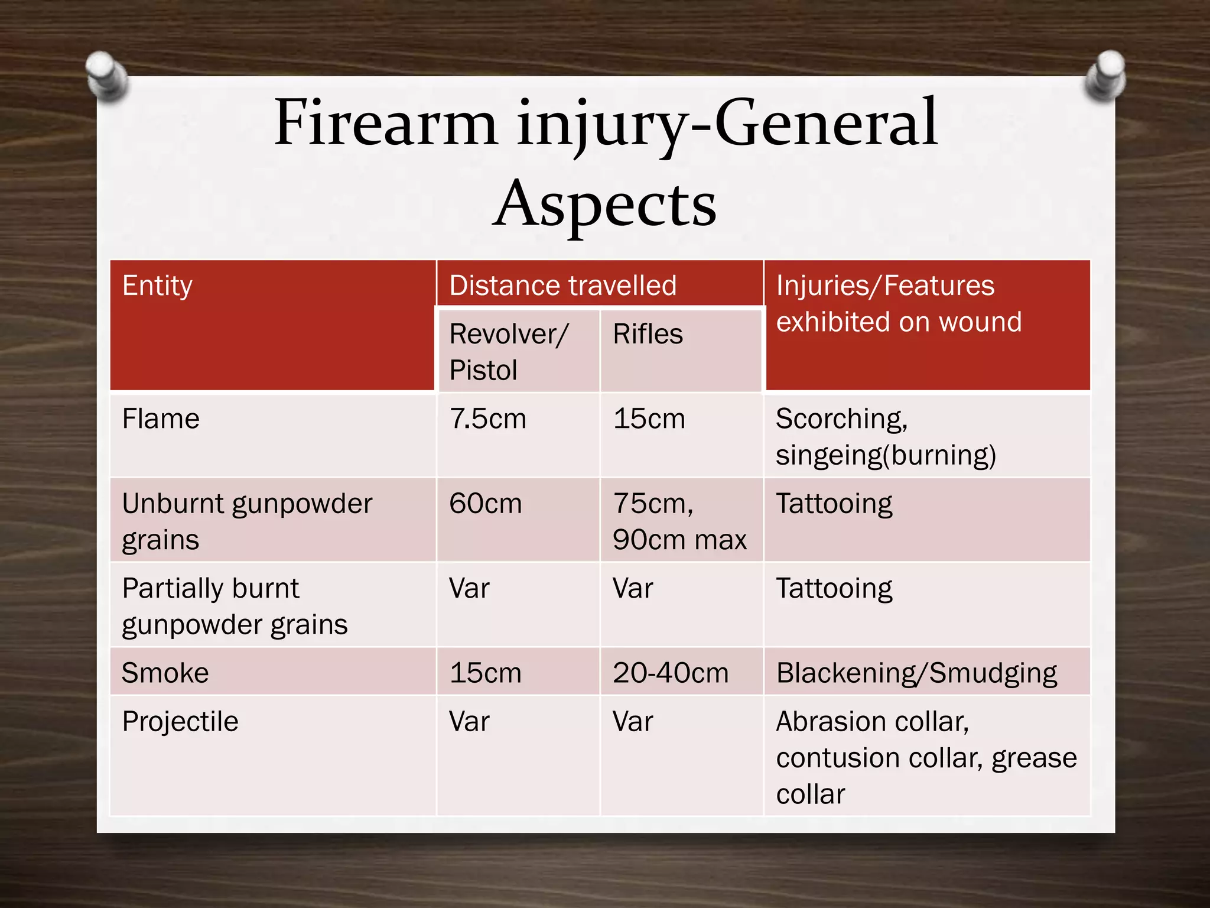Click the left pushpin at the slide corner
[x=106, y=76]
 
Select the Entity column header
[x=157, y=286]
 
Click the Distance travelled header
[x=562, y=286]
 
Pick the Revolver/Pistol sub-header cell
[x=508, y=352]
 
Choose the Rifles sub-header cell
[x=648, y=335]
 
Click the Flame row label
[x=161, y=419]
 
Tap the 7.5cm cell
[x=487, y=419]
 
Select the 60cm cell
[x=485, y=504]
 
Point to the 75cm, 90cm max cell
[x=679, y=521]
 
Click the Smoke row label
[x=165, y=673]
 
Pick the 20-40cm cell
[x=671, y=673]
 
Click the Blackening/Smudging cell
[x=916, y=673]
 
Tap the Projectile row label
[x=180, y=722]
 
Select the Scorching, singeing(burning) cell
[x=885, y=437]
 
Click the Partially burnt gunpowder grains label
[x=234, y=606]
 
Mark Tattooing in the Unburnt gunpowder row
[x=834, y=504]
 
